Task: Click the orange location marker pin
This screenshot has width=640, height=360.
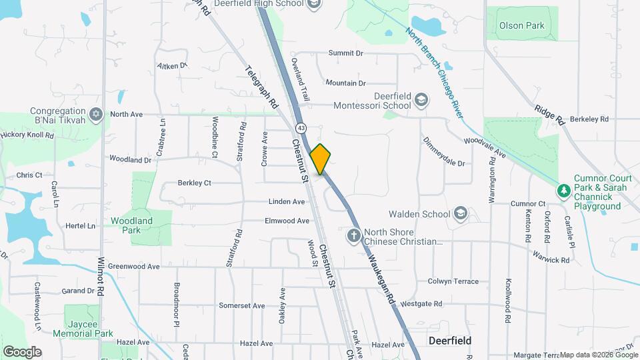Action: (x=321, y=159)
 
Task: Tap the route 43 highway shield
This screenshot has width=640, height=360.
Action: (x=302, y=127)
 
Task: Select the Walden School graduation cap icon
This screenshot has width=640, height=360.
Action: (x=460, y=214)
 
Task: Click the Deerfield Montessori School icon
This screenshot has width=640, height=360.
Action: (x=421, y=100)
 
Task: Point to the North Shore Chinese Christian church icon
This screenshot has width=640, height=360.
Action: (x=354, y=235)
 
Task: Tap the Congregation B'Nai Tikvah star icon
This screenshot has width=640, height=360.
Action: (x=95, y=115)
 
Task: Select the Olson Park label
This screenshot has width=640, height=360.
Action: (x=521, y=26)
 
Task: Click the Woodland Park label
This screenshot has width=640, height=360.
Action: (x=131, y=225)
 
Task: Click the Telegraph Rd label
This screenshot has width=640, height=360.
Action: (x=261, y=87)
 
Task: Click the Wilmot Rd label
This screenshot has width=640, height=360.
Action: (x=101, y=277)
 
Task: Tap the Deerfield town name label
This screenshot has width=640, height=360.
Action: (x=450, y=341)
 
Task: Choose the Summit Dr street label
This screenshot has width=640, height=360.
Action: (x=345, y=53)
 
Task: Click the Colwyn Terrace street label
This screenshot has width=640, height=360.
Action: (x=453, y=281)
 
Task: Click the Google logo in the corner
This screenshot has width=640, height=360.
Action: (x=22, y=351)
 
